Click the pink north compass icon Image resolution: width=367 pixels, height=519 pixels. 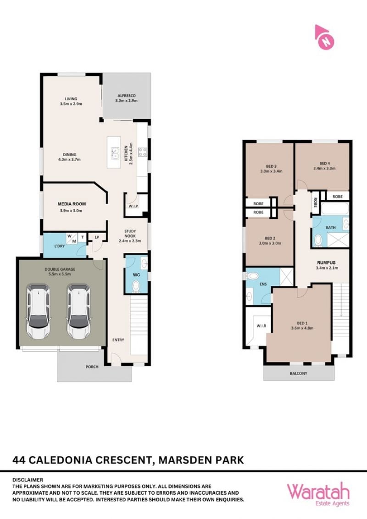tap(324, 38)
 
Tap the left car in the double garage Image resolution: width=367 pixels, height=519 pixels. tap(39, 311)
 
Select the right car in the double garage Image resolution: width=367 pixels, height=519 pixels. tap(79, 311)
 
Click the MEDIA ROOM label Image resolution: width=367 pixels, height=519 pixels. tap(72, 204)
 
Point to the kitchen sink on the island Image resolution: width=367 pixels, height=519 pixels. tap(115, 153)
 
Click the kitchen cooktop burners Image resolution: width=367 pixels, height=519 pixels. tap(143, 153)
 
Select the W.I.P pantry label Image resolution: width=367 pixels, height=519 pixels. tap(133, 206)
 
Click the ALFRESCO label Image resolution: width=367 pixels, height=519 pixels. tap(127, 96)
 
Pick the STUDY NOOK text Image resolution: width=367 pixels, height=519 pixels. tap(130, 234)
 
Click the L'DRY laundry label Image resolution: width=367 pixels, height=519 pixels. tap(60, 246)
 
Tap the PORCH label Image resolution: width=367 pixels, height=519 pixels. tap(92, 367)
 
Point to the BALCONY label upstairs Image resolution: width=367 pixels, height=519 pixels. tap(298, 373)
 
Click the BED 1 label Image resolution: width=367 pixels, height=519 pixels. tap(302, 323)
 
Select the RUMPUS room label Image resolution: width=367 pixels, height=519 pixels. tap(326, 263)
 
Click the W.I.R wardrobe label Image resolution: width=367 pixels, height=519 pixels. tap(261, 326)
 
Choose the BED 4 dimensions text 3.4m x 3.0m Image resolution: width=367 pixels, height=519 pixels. tap(324, 168)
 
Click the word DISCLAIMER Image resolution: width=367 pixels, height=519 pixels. tap(28, 480)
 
